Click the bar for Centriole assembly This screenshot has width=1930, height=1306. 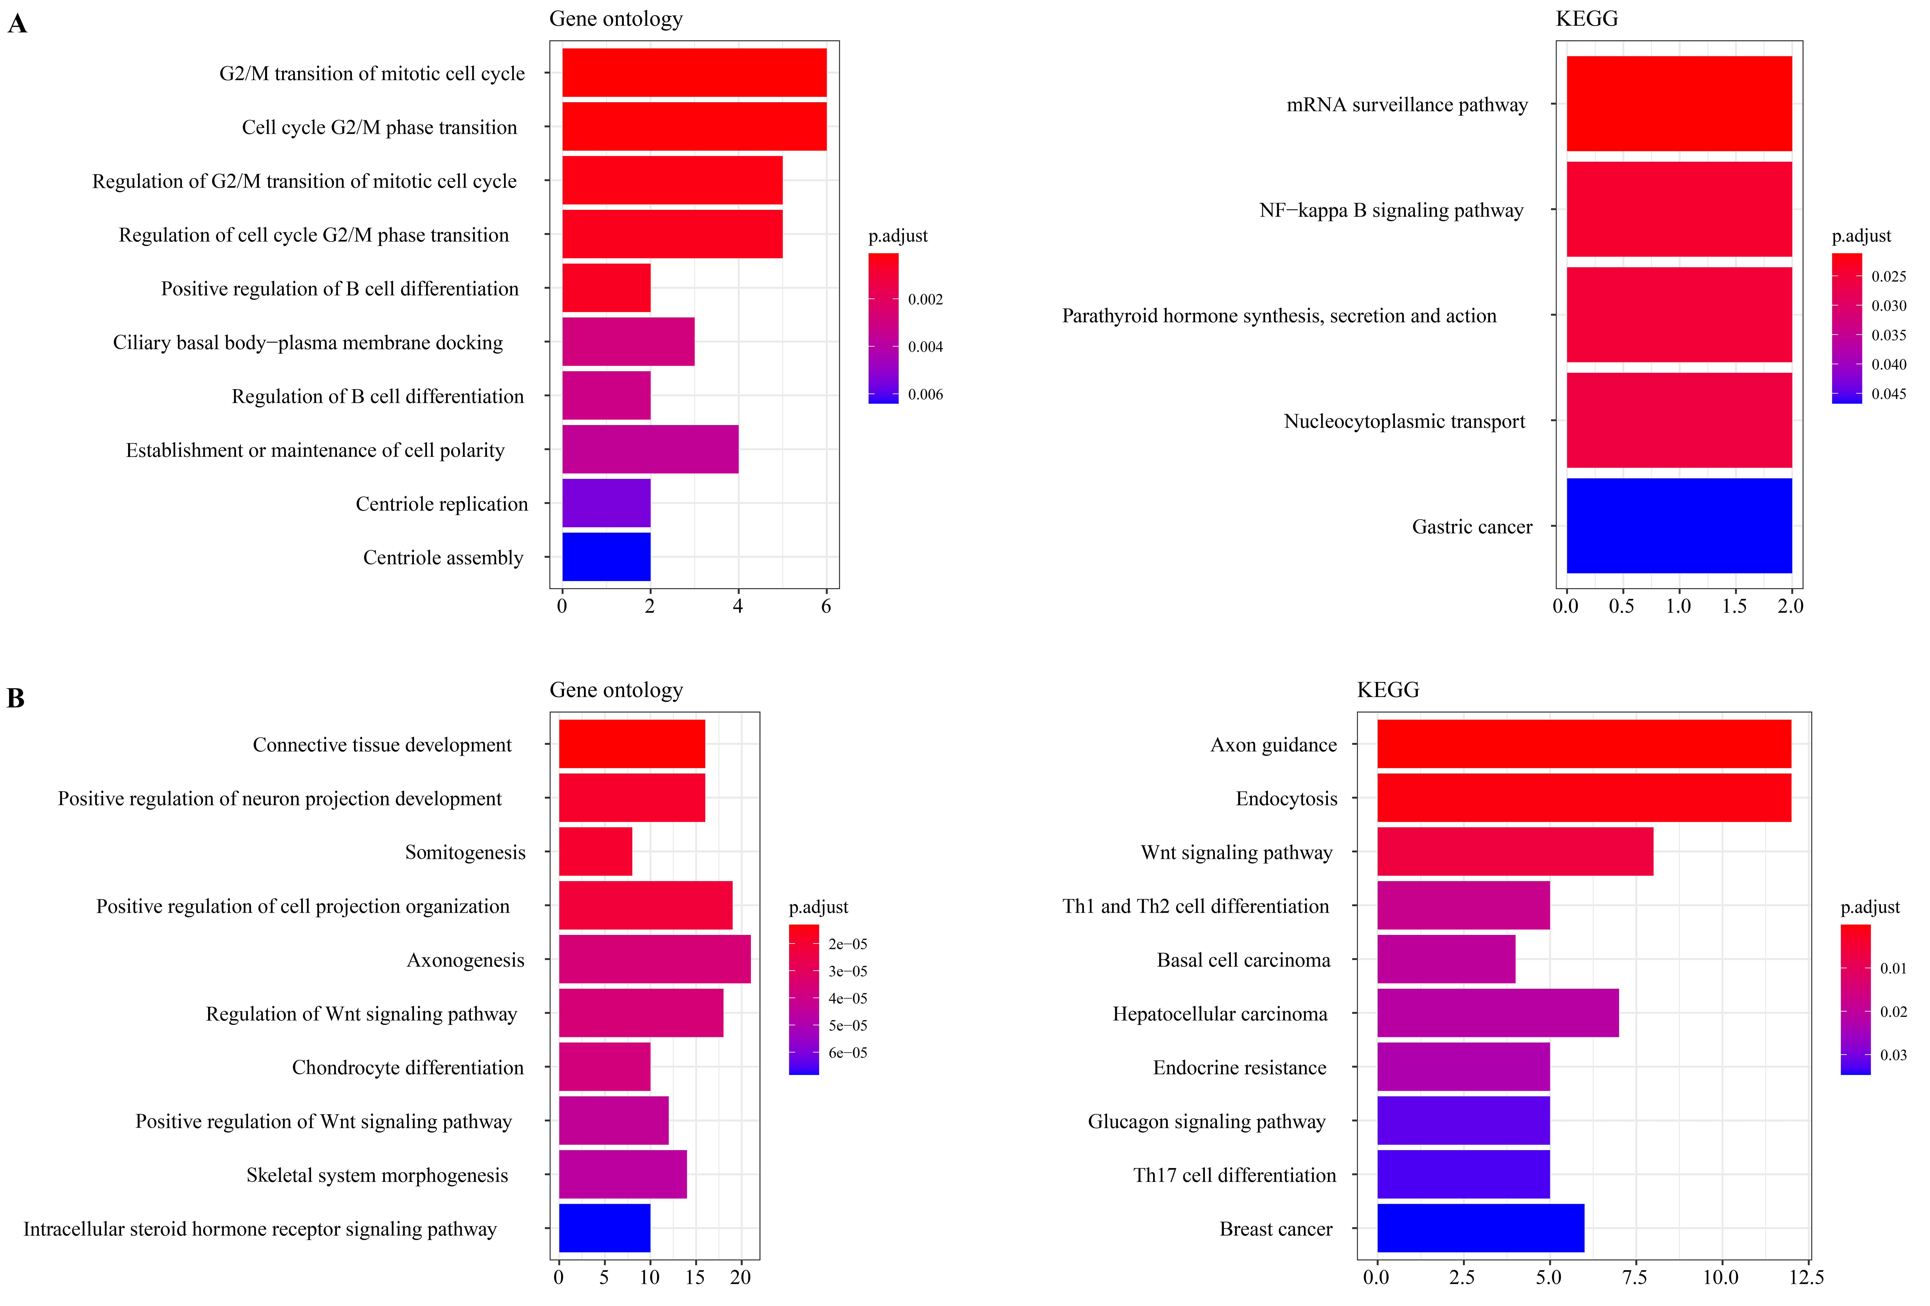pos(606,557)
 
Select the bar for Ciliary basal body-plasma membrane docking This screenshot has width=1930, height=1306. pos(628,342)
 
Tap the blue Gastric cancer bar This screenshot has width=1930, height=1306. pos(1678,526)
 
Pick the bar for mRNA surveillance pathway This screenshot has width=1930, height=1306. pos(1678,104)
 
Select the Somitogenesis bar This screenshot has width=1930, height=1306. pos(595,851)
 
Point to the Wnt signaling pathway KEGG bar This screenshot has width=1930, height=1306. pos(1515,851)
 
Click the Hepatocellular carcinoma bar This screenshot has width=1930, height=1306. pos(1497,1013)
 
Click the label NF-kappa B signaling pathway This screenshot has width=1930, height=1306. pos(1391,210)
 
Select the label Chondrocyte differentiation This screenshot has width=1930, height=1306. pos(408,1068)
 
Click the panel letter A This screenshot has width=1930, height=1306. pos(17,24)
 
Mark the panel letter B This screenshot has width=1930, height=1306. pos(16,698)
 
